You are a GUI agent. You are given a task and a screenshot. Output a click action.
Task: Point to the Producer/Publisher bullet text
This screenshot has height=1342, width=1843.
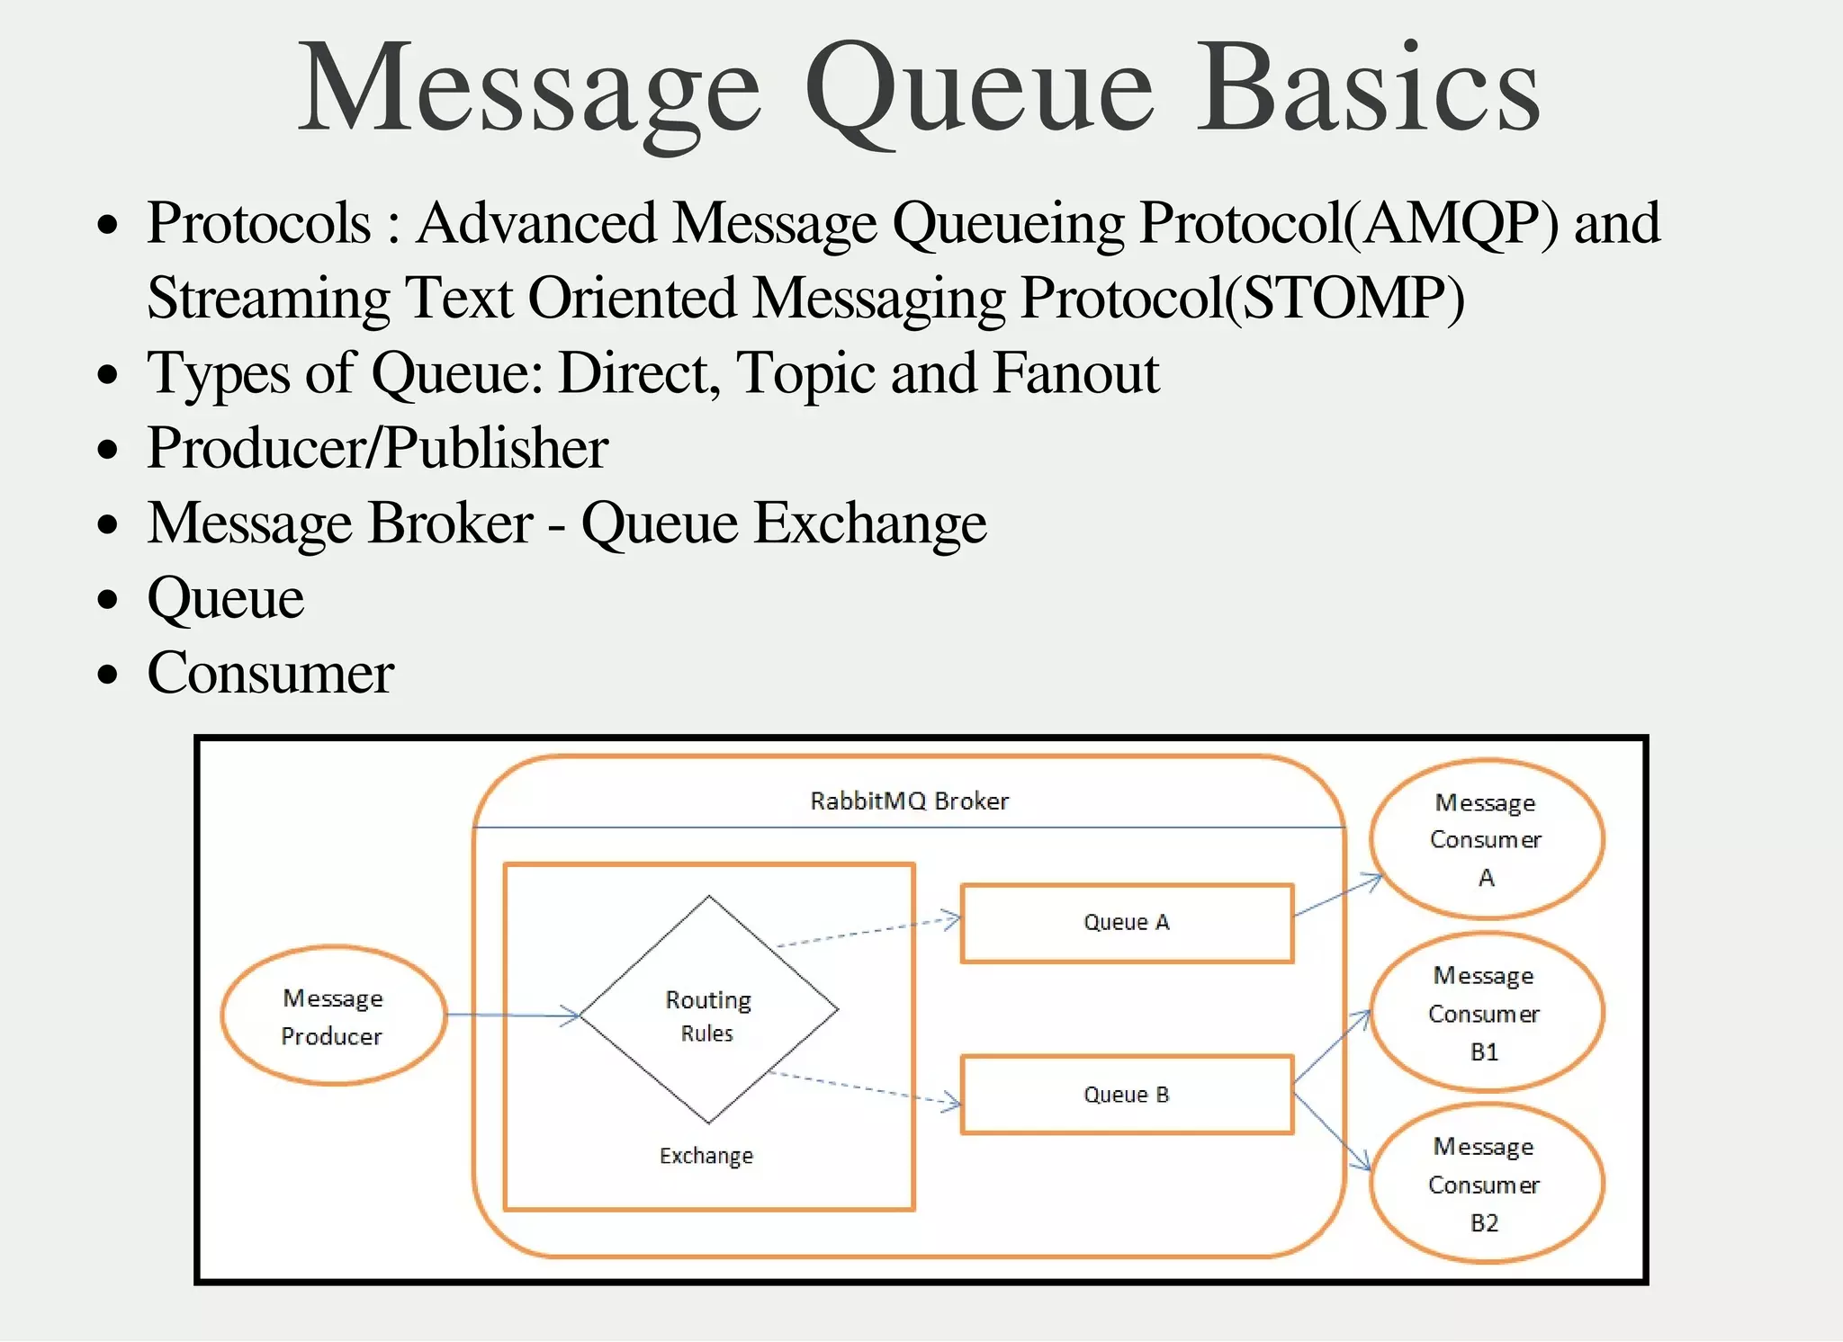point(377,448)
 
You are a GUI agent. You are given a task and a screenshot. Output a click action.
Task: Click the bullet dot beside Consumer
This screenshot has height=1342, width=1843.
point(108,674)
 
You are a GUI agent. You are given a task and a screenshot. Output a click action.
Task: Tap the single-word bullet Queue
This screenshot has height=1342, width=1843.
point(225,598)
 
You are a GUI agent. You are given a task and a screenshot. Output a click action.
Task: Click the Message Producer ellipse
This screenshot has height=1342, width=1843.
point(333,1015)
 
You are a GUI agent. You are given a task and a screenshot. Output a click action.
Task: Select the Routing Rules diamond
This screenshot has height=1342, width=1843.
point(708,1009)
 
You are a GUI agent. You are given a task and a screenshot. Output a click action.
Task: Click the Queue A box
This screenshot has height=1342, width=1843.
point(1127,923)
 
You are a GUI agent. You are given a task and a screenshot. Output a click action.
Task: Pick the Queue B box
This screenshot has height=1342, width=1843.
point(1127,1095)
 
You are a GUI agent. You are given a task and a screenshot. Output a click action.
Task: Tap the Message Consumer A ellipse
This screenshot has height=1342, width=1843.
point(1486,839)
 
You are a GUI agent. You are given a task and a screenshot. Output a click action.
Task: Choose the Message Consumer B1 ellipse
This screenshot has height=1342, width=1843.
point(1485,1013)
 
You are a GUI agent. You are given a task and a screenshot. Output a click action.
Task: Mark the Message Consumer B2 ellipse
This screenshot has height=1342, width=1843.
point(1485,1184)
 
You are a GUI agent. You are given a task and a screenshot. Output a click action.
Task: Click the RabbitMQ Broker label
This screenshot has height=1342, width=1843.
point(909,801)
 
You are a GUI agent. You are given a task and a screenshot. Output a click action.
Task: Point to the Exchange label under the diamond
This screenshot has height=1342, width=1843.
point(706,1156)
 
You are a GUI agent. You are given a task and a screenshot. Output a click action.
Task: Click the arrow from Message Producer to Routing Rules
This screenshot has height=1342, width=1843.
point(513,1015)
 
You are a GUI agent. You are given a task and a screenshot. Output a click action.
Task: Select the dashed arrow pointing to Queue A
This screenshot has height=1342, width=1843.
point(868,932)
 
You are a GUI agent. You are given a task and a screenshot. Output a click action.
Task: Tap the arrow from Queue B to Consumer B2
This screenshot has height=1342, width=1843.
point(1332,1132)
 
